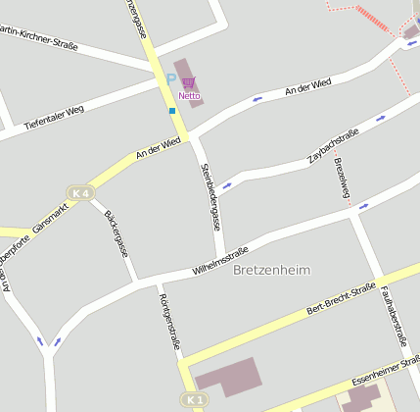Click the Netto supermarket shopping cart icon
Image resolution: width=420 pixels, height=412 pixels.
click(189, 82)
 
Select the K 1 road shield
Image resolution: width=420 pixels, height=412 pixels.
click(194, 400)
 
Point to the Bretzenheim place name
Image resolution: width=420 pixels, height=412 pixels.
click(271, 271)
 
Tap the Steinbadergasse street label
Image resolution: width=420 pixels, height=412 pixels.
click(209, 196)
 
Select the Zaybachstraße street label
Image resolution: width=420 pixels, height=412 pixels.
click(333, 145)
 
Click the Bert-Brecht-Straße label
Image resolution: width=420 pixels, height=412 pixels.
click(342, 296)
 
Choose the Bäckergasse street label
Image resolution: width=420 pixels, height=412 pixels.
click(117, 232)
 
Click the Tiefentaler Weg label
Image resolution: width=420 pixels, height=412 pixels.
click(55, 118)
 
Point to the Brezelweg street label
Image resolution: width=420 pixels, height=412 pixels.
click(342, 178)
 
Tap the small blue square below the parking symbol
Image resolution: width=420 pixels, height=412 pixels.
click(172, 111)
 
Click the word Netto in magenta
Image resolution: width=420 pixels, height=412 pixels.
click(189, 96)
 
